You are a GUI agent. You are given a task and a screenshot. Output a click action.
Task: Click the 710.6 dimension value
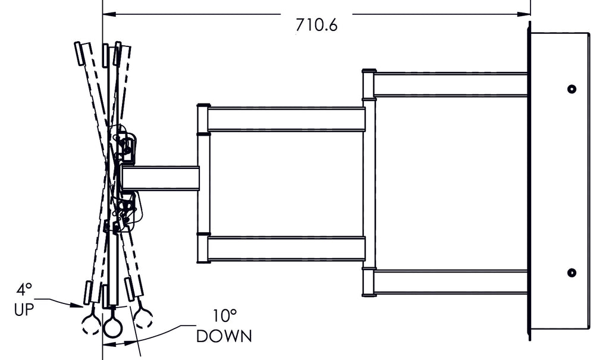pyautogui.click(x=316, y=26)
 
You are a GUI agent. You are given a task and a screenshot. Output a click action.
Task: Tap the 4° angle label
pyautogui.click(x=24, y=290)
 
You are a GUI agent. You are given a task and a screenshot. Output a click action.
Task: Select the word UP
pyautogui.click(x=24, y=309)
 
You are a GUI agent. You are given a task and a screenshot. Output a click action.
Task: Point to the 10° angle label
pyautogui.click(x=225, y=315)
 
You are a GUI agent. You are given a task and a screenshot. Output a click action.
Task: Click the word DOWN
pyautogui.click(x=224, y=336)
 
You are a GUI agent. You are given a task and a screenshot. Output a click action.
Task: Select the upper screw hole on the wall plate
pyautogui.click(x=572, y=89)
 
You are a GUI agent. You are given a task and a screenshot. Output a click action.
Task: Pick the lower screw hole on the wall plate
pyautogui.click(x=572, y=273)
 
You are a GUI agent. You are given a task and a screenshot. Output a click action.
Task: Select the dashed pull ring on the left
pyautogui.click(x=91, y=323)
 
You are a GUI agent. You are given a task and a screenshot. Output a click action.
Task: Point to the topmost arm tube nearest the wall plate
pyautogui.click(x=451, y=84)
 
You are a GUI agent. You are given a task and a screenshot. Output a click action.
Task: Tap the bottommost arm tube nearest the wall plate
pyautogui.click(x=451, y=282)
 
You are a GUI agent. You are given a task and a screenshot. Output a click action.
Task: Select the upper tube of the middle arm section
pyautogui.click(x=285, y=119)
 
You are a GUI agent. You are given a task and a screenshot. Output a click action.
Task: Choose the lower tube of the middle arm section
pyautogui.click(x=285, y=249)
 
